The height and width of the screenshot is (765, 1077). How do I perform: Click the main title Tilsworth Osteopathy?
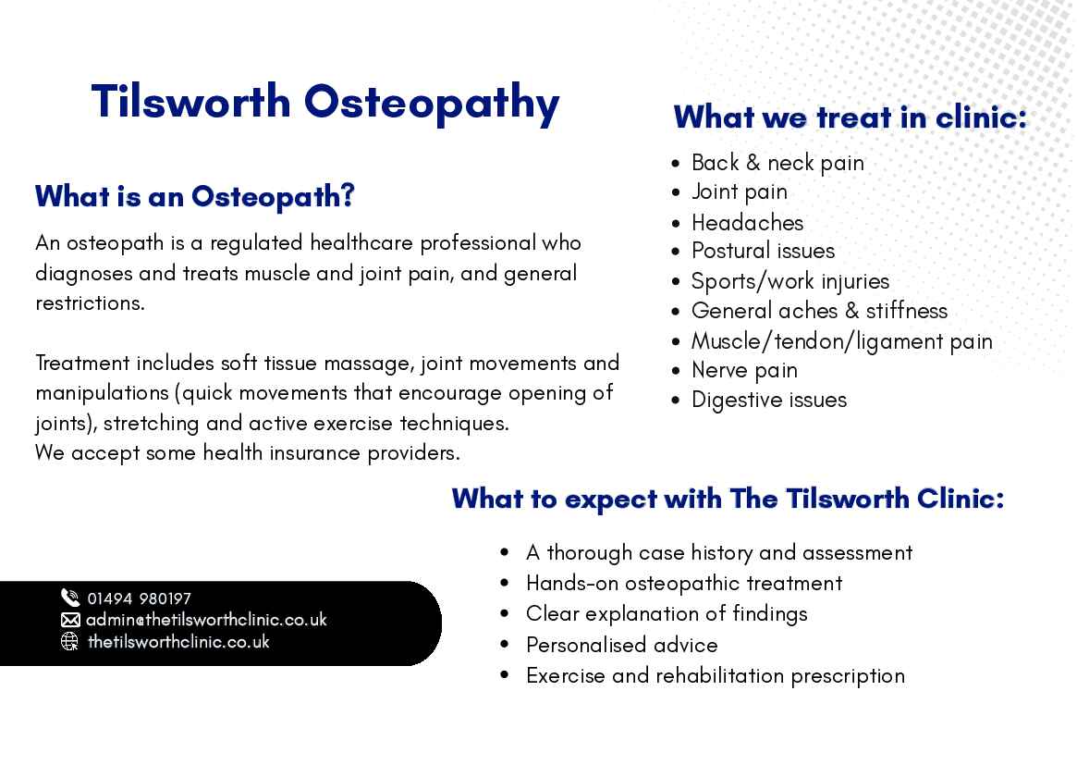point(325,103)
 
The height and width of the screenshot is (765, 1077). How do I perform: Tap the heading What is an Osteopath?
point(195,197)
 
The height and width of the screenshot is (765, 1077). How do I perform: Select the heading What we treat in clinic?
point(851,117)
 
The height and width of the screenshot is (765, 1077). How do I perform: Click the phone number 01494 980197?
point(139,598)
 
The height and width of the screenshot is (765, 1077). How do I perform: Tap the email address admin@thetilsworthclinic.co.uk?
point(206,620)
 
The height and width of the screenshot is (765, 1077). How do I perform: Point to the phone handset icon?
point(70,598)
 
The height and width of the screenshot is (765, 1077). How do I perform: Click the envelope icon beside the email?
point(70,620)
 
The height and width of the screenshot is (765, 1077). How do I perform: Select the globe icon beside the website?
point(70,641)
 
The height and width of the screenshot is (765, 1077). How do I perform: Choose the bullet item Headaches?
point(747,223)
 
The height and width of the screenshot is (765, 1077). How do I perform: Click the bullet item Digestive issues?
point(769,400)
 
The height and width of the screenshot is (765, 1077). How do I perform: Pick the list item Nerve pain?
point(744,370)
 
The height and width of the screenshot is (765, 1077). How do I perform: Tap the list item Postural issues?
point(763,251)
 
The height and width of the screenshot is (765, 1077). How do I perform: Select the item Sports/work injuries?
point(789,281)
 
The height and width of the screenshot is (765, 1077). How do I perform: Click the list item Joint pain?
point(739,191)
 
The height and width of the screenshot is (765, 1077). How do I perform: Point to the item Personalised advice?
point(621,645)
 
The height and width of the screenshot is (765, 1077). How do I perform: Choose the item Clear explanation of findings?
point(667,614)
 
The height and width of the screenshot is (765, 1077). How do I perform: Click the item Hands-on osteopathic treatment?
point(684,584)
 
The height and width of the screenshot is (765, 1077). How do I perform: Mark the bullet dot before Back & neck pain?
point(676,164)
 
